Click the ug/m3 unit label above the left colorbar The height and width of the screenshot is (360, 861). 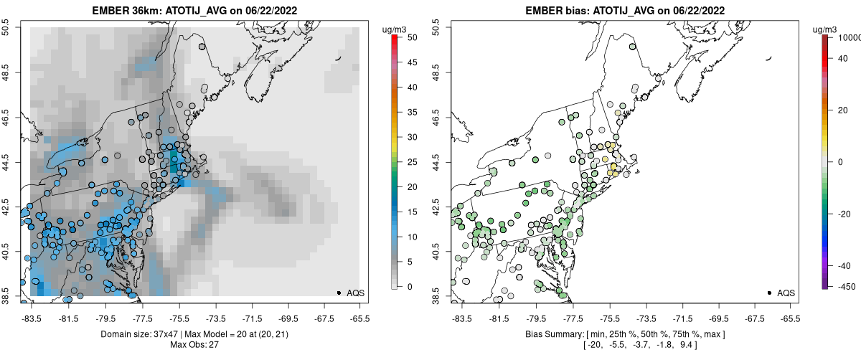point(395,29)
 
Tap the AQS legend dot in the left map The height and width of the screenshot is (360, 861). point(339,293)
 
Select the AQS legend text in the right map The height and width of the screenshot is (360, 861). point(786,293)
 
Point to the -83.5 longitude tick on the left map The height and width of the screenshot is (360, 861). point(31,318)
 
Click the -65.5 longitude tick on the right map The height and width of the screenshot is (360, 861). point(789,318)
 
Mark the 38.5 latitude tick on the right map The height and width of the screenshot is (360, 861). point(436,295)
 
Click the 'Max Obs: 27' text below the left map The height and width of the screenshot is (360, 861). point(194,345)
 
